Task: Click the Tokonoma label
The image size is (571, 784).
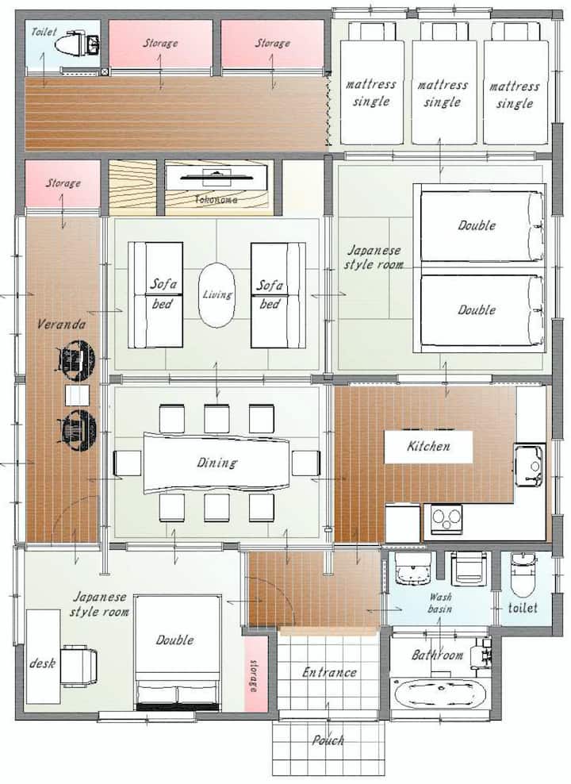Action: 216,199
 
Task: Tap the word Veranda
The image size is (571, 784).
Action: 61,325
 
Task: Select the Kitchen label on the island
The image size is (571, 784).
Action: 428,446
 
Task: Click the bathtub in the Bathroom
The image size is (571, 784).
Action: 440,694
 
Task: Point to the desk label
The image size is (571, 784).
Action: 43,663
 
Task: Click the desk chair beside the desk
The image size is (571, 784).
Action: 79,665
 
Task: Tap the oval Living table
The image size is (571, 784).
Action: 217,295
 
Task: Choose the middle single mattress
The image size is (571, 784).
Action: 442,85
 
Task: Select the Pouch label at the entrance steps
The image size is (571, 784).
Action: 328,740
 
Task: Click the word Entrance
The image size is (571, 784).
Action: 329,672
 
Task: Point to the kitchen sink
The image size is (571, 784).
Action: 529,466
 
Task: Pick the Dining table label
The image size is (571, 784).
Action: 217,463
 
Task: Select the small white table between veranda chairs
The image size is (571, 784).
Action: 78,395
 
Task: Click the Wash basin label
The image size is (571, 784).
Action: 440,603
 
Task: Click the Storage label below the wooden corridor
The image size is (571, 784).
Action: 63,183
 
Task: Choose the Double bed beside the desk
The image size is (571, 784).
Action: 178,652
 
